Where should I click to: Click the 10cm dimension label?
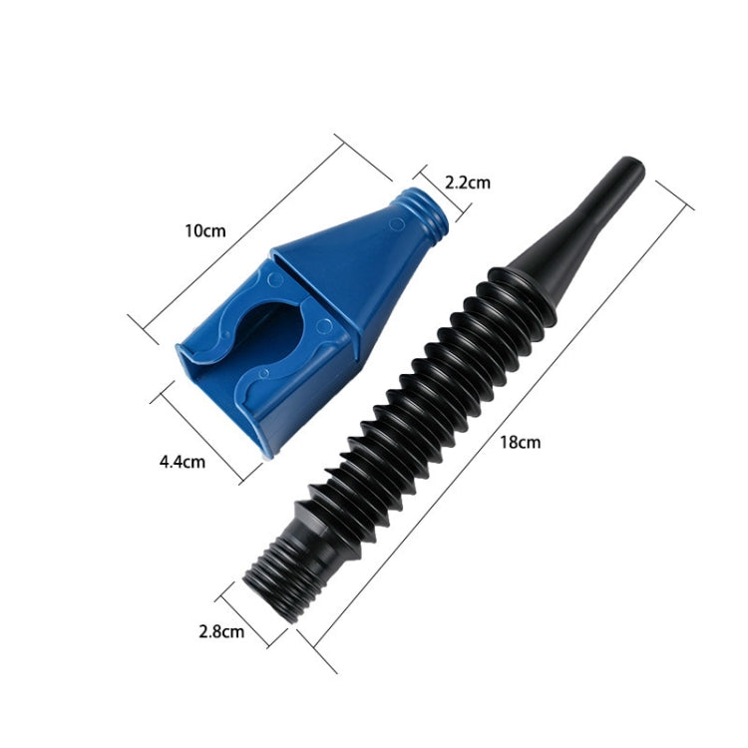point(205,230)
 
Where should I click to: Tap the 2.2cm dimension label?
point(467,183)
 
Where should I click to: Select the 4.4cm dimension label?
point(182,461)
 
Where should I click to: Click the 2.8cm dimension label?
point(220,630)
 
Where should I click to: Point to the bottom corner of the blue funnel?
point(267,451)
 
